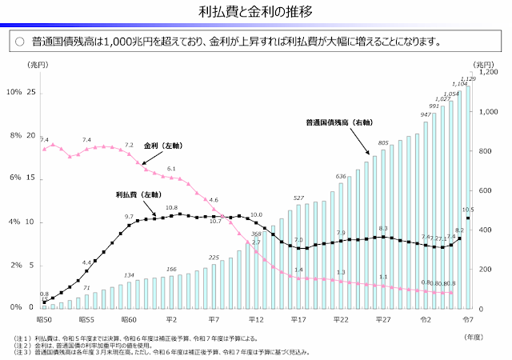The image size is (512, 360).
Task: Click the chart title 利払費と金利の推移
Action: click(256, 11)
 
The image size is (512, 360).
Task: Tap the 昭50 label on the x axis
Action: click(44, 318)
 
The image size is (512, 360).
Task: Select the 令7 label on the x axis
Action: click(468, 318)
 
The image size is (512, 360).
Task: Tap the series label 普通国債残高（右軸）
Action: click(339, 123)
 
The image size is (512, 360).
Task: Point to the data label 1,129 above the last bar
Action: click(469, 78)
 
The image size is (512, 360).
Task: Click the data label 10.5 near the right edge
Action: click(469, 210)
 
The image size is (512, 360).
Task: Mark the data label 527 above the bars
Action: click(298, 198)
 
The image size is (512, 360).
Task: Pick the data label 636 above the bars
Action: click(341, 176)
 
